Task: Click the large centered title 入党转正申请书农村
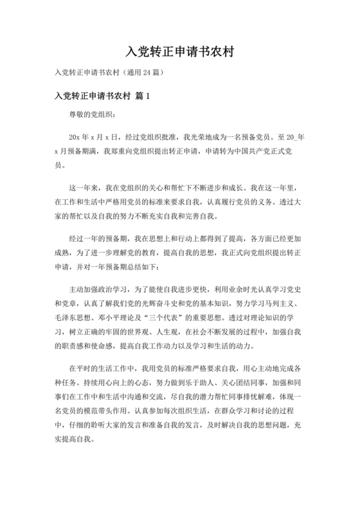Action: [179, 51]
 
